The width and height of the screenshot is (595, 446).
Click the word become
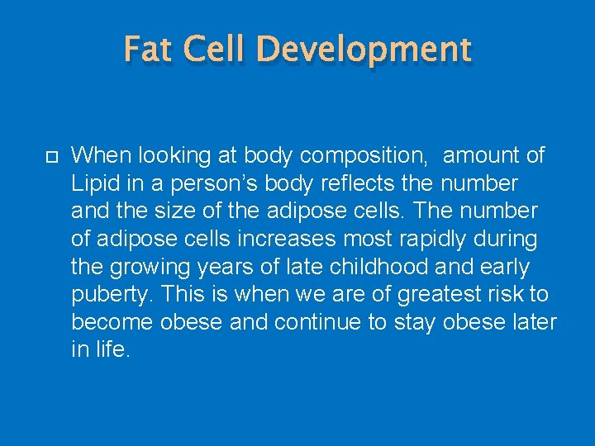click(x=110, y=323)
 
